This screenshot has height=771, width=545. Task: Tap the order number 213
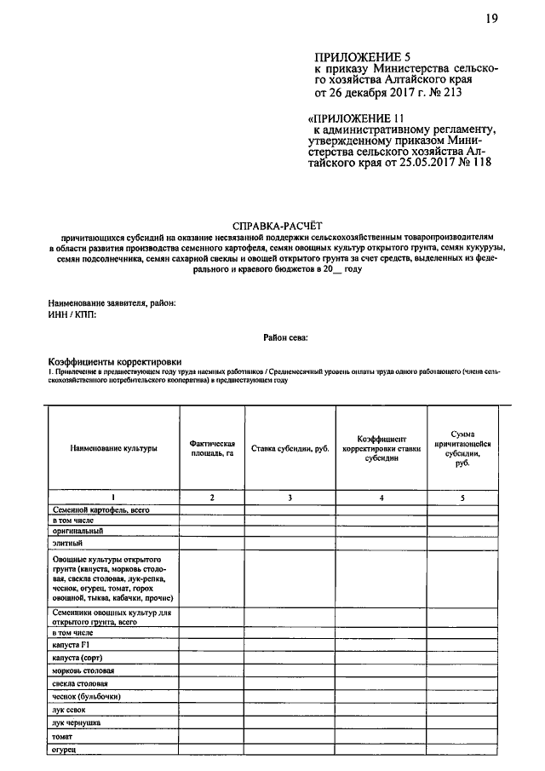[x=452, y=90]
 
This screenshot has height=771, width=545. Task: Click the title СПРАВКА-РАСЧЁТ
[x=272, y=218]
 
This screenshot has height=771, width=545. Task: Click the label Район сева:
[x=285, y=338]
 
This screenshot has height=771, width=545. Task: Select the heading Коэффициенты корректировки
[x=115, y=361]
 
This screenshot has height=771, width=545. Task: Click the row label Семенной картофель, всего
[x=101, y=509]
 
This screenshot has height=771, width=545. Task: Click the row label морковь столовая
[x=83, y=670]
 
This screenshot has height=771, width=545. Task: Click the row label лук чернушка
[x=77, y=722]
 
